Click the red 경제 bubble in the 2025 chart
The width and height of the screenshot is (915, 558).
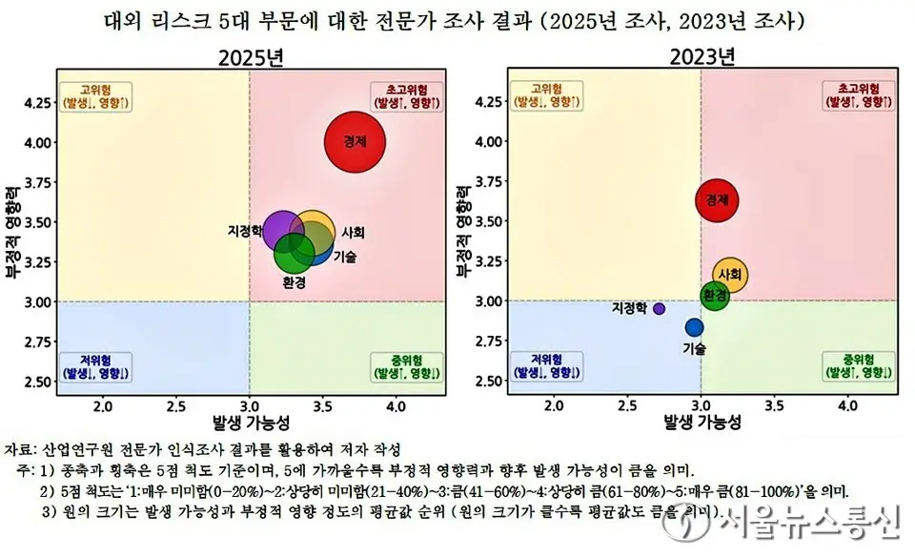(x=354, y=141)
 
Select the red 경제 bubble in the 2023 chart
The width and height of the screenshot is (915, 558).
(x=716, y=200)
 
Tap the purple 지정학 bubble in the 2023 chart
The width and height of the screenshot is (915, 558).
(x=660, y=309)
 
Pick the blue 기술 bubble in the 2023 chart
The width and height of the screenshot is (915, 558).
(x=694, y=327)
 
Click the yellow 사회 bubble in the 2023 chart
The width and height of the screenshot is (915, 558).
(x=730, y=275)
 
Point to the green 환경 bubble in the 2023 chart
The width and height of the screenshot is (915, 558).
(x=714, y=297)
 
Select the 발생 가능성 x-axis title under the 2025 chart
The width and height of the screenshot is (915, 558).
(x=250, y=423)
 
